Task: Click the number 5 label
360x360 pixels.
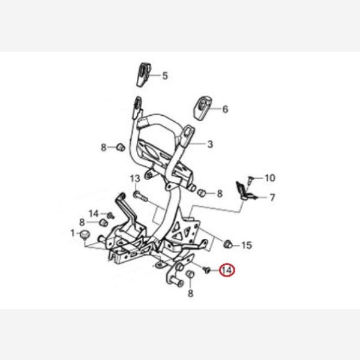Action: point(165,76)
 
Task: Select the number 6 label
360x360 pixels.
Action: point(225,109)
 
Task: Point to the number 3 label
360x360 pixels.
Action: point(210,144)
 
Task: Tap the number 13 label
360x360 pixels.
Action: point(135,178)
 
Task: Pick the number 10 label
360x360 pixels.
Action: point(269,178)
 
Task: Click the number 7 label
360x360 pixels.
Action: point(272,197)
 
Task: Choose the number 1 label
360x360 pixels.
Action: point(73,233)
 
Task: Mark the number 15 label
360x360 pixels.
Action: point(247,245)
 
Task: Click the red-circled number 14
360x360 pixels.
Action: point(227,271)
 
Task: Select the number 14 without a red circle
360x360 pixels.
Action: point(94,214)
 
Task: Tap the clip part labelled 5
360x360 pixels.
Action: point(142,74)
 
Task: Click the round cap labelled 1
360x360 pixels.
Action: point(85,233)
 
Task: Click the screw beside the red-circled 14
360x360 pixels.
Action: point(207,271)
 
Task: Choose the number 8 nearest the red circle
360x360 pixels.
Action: point(190,293)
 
